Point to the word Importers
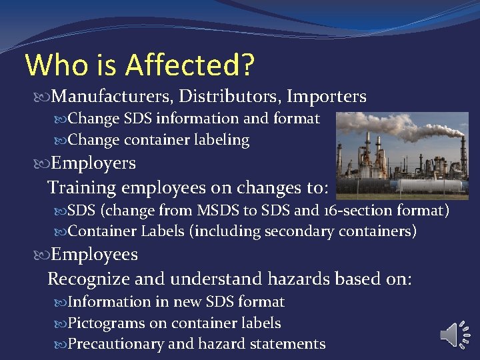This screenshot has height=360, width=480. point(327,97)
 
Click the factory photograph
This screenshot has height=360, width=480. point(402,155)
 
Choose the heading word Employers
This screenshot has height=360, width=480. point(93,163)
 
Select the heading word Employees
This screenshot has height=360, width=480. point(95,255)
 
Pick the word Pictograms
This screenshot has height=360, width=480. point(107,323)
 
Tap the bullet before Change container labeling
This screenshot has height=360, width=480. point(61,141)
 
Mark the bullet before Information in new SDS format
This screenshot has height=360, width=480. point(61,303)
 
